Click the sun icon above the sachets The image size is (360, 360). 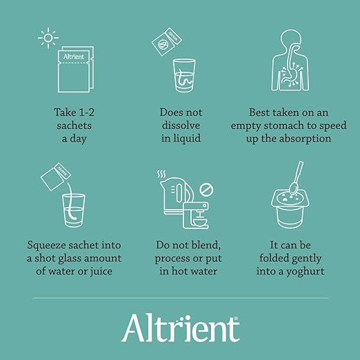pos(48,38)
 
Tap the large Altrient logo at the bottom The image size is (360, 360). pos(181,328)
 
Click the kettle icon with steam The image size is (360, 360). pos(176,195)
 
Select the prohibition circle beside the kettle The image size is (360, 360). pos(206,190)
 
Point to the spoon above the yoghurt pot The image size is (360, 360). pos(297,178)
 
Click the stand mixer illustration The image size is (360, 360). pos(196,215)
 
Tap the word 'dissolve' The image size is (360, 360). pos(181,126)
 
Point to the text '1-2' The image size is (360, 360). pos(86,112)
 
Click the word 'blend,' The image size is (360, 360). pos(206,245)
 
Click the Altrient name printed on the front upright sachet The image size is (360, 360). pos(74,57)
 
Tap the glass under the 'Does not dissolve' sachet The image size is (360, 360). pos(184,76)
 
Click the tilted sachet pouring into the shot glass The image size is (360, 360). pos(56,177)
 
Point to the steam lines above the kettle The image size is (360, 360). pos(161,174)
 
